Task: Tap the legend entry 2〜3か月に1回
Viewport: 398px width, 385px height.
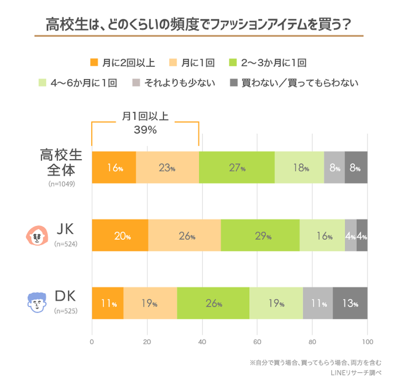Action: [267, 62]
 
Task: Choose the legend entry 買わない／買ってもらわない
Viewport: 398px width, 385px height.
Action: [294, 83]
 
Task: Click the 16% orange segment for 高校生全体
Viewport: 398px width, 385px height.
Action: [114, 167]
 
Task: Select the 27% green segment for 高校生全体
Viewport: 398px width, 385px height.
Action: [237, 167]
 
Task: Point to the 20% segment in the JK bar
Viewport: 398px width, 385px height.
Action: [120, 235]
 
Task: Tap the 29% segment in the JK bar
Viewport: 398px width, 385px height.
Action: [260, 235]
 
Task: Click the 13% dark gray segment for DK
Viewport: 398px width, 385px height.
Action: [350, 303]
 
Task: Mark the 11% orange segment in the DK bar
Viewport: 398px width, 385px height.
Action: [107, 303]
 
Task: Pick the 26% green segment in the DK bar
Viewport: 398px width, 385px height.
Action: [213, 303]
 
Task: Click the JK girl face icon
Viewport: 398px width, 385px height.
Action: [36, 235]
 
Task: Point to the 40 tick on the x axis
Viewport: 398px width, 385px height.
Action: [202, 341]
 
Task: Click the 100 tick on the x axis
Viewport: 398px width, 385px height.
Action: [367, 341]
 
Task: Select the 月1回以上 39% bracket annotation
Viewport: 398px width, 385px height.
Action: [145, 123]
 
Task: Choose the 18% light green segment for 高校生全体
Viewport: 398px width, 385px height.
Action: [299, 167]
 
